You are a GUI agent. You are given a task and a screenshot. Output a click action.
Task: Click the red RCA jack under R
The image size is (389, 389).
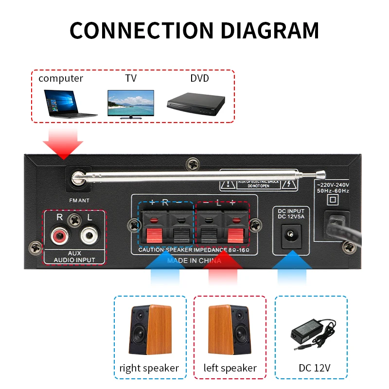coord(60,237)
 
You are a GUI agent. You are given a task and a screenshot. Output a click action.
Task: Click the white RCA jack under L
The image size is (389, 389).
coord(88,237)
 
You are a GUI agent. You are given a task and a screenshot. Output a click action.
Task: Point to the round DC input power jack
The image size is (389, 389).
coord(291,234)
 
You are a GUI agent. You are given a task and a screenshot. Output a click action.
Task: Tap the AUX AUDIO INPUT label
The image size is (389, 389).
coord(74,257)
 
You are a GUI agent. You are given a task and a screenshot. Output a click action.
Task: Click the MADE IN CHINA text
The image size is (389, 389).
coord(194,261)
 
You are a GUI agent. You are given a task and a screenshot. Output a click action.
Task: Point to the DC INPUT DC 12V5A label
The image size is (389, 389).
coord(291,213)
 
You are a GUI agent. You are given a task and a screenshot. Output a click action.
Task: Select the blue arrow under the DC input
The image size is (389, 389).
coord(291,272)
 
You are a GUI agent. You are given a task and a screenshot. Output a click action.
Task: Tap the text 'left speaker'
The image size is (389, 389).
coord(230,368)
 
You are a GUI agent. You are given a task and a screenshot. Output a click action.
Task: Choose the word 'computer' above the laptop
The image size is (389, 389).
coord(61,78)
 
